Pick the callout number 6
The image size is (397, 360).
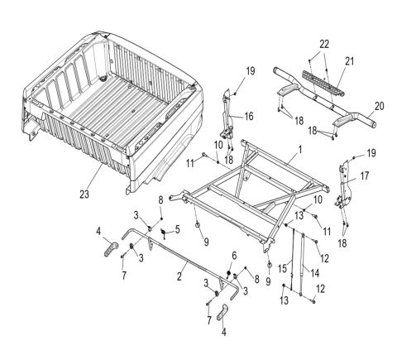click(235, 255)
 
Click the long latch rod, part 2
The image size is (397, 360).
click(182, 261)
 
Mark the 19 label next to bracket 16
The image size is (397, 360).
click(249, 81)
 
